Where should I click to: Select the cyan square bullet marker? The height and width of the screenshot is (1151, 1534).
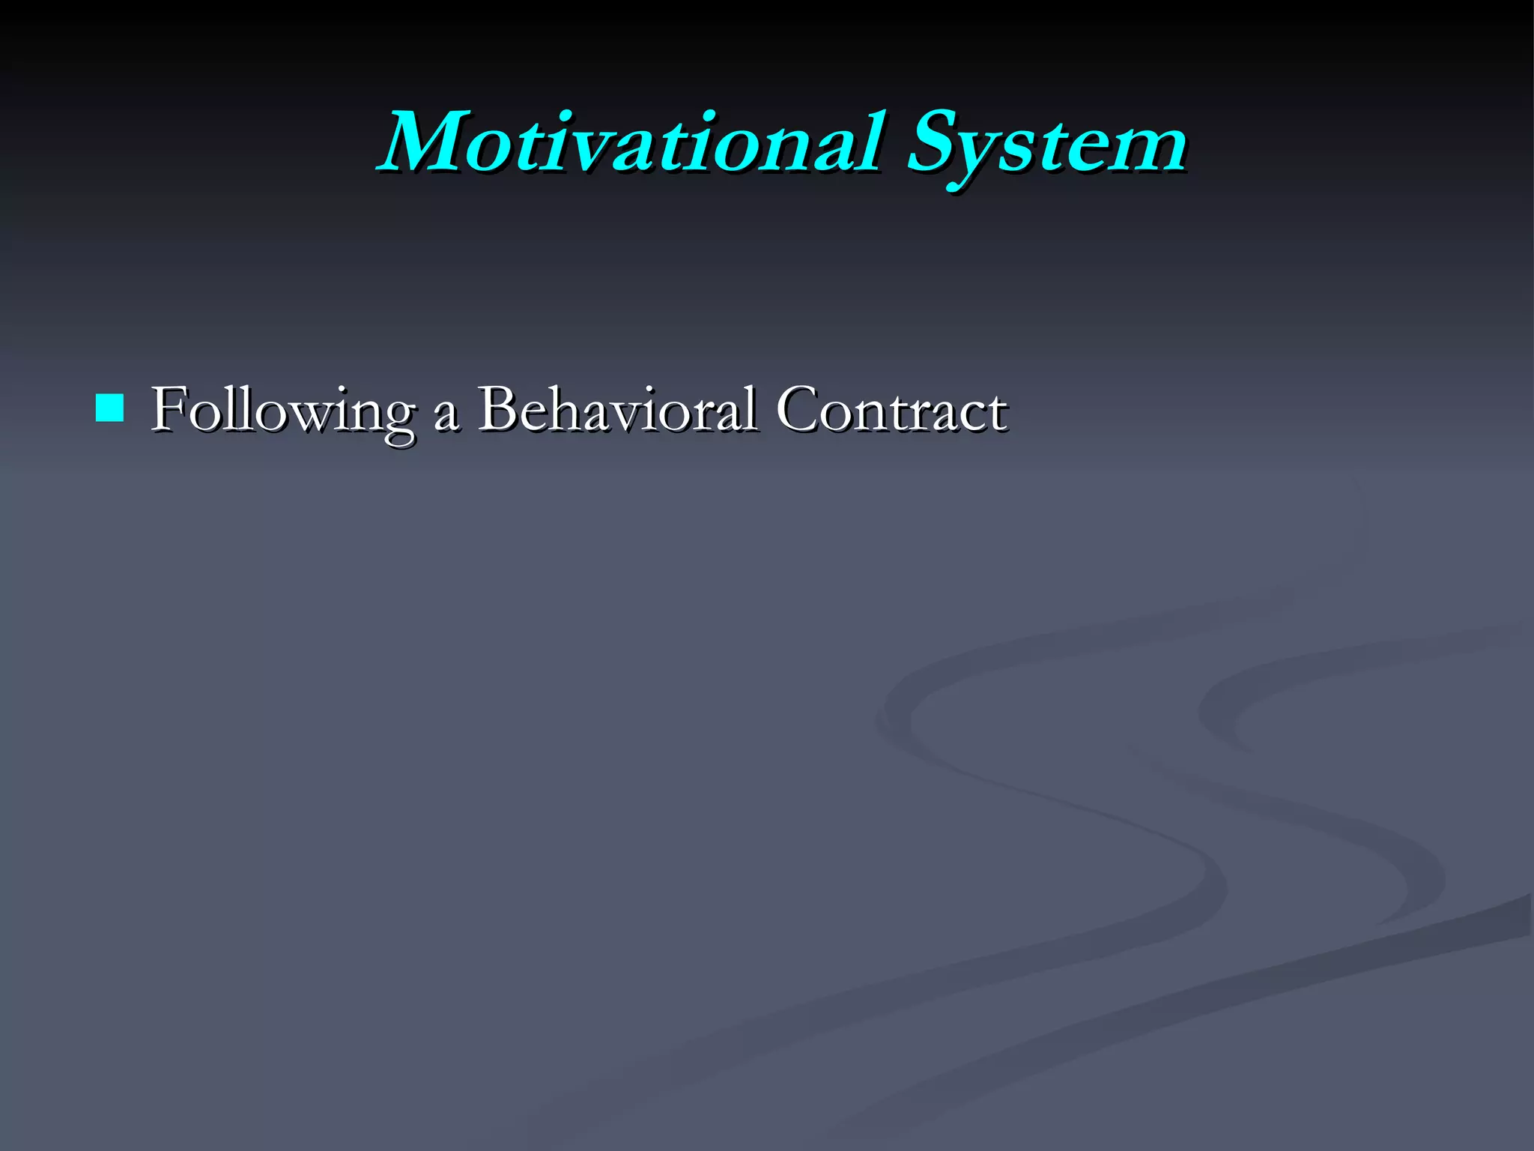(x=110, y=408)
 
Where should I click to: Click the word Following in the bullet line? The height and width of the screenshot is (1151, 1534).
(x=282, y=411)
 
